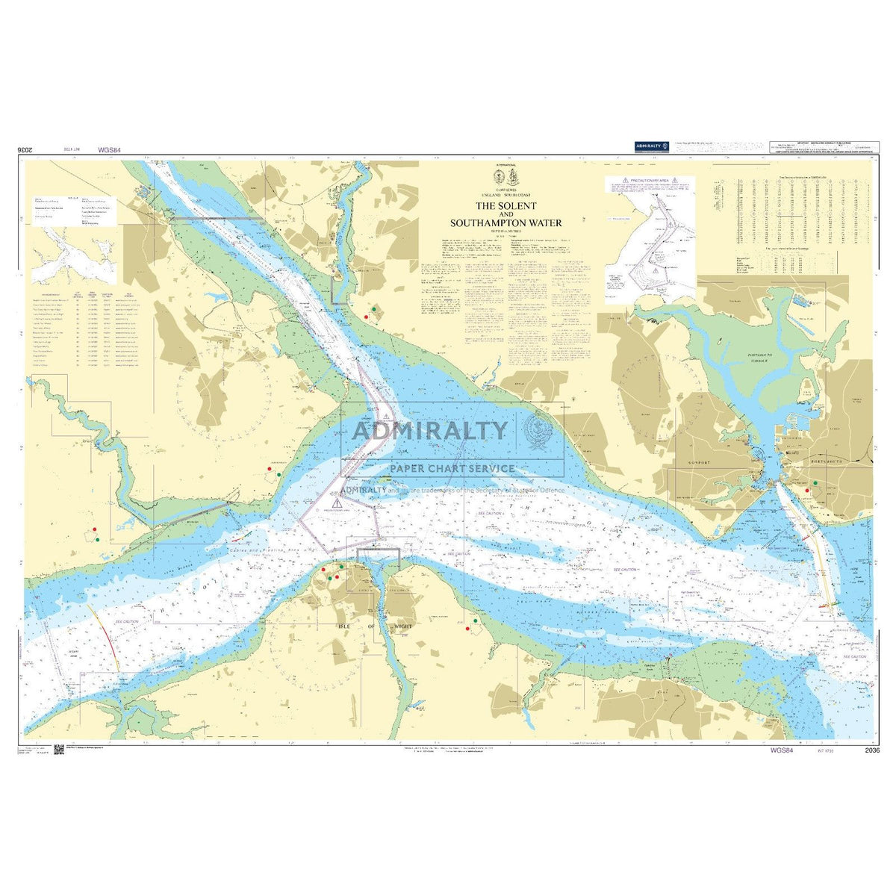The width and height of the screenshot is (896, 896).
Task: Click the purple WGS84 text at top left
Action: pyautogui.click(x=109, y=151)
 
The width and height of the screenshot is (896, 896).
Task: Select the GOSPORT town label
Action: pyautogui.click(x=704, y=463)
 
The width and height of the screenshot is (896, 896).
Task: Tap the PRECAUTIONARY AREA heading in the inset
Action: pyautogui.click(x=649, y=181)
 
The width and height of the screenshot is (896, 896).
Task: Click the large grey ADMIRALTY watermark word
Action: pyautogui.click(x=429, y=430)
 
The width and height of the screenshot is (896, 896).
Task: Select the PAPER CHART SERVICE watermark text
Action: pyautogui.click(x=452, y=468)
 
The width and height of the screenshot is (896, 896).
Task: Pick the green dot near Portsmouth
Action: pyautogui.click(x=815, y=483)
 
